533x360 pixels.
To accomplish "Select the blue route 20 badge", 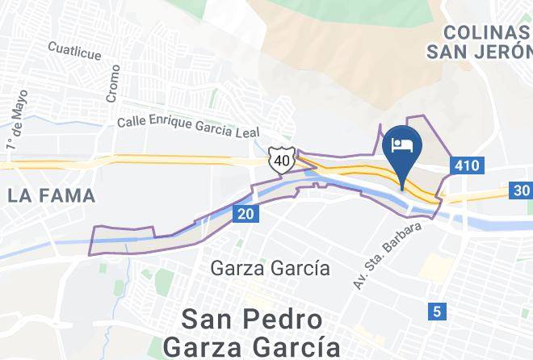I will coord(245,214).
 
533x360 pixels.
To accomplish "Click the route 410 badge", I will coord(466,165).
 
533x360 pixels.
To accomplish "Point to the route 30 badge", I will coord(520,190).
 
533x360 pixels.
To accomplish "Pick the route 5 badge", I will coord(437,311).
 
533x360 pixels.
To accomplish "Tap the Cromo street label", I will coord(111,82).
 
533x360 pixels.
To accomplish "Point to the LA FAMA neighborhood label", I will coord(52,195).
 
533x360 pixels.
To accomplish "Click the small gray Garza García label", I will coord(270,268).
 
